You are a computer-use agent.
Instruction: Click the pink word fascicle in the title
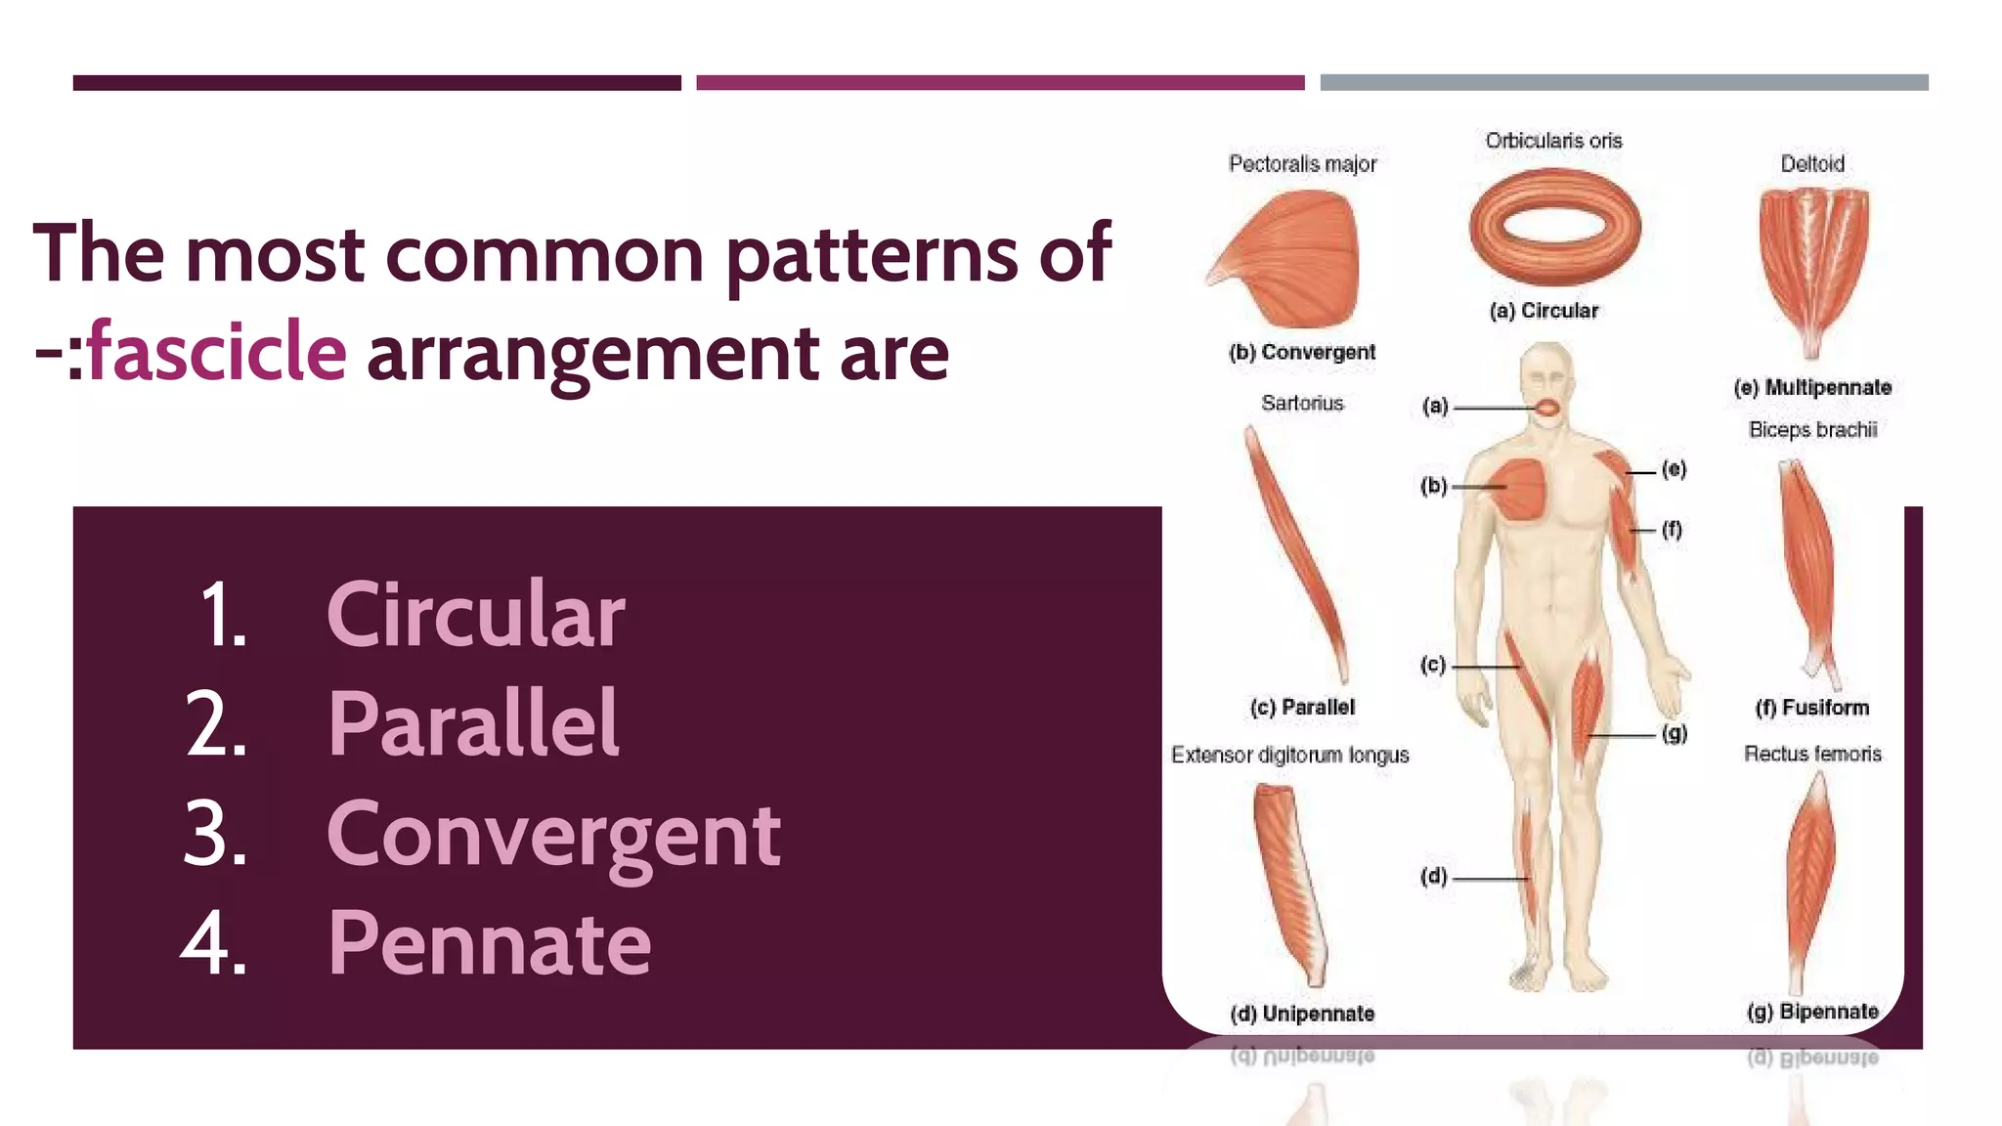(x=217, y=353)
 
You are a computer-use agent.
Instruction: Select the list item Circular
(x=476, y=615)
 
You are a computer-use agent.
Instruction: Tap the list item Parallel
(x=473, y=724)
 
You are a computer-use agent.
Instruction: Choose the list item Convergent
(x=553, y=835)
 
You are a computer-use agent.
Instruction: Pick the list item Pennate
(x=489, y=943)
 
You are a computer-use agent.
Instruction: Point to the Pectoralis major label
(x=1302, y=164)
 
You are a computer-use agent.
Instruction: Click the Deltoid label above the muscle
(x=1812, y=164)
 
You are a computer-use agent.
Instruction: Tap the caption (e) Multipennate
(x=1812, y=388)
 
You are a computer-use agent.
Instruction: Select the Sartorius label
(x=1302, y=404)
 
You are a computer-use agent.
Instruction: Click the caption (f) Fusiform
(x=1812, y=708)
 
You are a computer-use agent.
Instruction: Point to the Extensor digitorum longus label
(x=1289, y=756)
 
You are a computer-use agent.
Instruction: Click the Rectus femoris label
(x=1812, y=754)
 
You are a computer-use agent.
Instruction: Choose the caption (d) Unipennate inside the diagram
(x=1302, y=1014)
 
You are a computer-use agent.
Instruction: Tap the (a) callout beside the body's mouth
(x=1434, y=406)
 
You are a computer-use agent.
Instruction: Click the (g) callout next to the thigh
(x=1675, y=733)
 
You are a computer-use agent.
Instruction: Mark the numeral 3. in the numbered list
(x=215, y=835)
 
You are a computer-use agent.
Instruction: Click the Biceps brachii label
(x=1812, y=430)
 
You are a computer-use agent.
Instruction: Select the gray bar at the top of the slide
(x=1624, y=83)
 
